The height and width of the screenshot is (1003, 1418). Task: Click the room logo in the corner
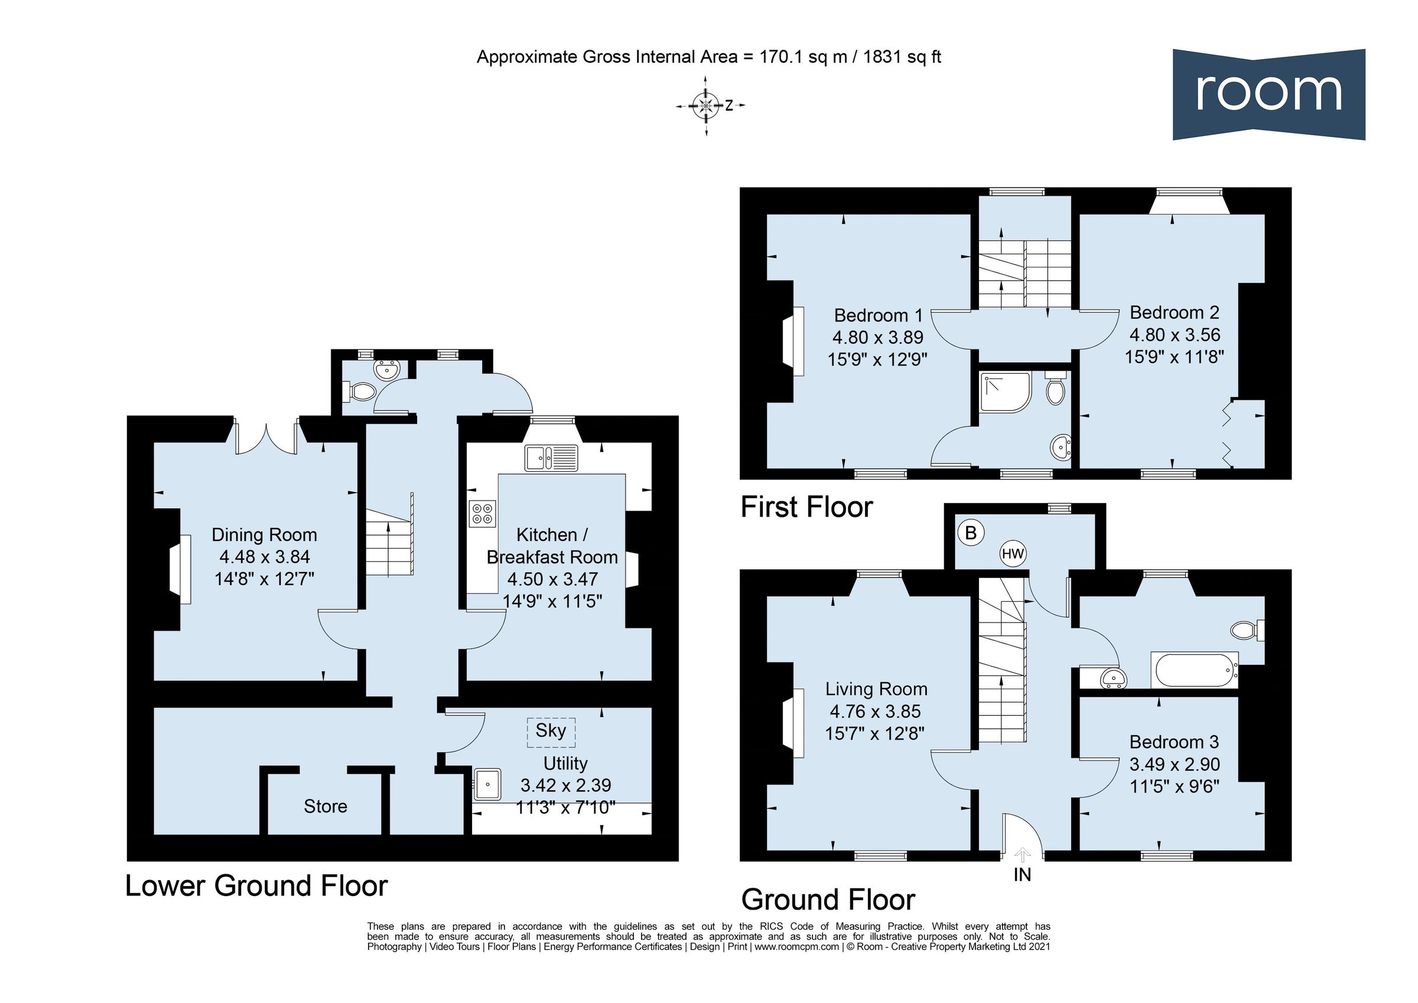coord(1269,94)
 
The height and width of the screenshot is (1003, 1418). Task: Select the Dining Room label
coord(264,534)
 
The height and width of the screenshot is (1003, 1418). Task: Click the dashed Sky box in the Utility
coord(550,731)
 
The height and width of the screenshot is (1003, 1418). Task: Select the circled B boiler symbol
coord(970,533)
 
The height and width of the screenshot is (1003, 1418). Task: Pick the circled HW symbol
coord(1013,554)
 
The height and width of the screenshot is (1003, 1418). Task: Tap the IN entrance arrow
coord(1022,856)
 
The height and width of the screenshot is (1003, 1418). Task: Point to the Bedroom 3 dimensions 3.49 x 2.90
coord(1174,764)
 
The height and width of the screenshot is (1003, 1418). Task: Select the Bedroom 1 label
coord(877,315)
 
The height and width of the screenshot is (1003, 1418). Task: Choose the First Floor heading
coord(806,507)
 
